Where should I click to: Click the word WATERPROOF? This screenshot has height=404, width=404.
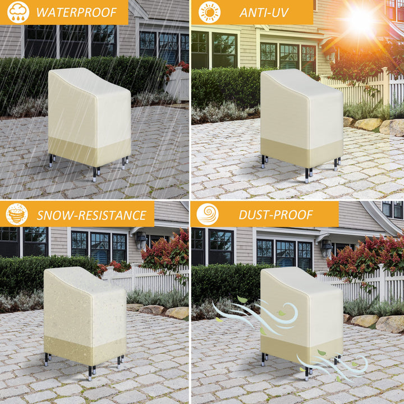click(x=77, y=12)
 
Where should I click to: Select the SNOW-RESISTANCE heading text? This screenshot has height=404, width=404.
click(x=91, y=215)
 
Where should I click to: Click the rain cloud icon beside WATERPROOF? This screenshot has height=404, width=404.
click(x=19, y=12)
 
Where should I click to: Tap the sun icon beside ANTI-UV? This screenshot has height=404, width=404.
click(x=209, y=12)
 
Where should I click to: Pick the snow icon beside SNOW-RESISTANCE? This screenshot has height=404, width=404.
click(x=17, y=214)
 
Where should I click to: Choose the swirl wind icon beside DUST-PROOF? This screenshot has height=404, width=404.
click(x=208, y=214)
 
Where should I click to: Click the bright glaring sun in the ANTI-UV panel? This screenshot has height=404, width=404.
click(x=360, y=21)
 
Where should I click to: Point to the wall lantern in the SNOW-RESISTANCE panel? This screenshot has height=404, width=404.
click(x=141, y=240)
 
